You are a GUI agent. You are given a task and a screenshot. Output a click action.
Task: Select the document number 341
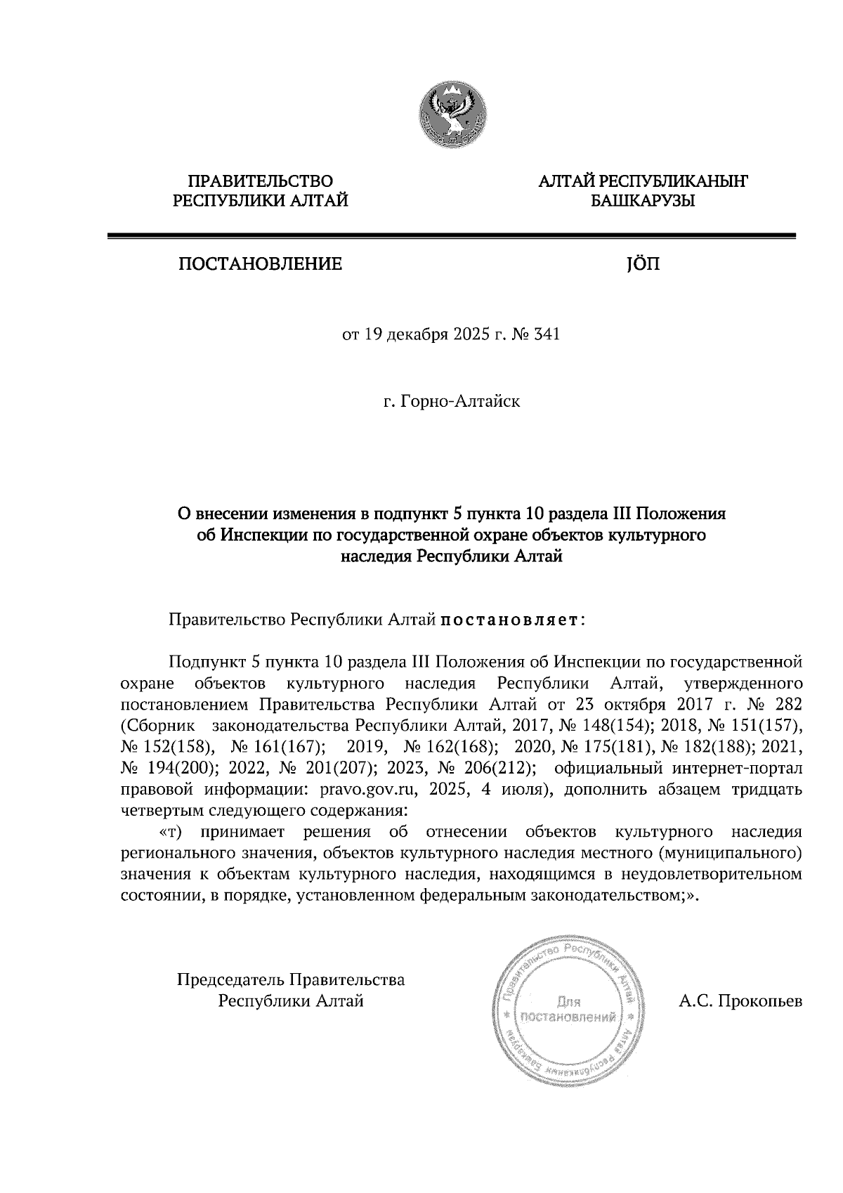[547, 335]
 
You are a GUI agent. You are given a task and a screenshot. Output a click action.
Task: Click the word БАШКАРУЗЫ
[642, 202]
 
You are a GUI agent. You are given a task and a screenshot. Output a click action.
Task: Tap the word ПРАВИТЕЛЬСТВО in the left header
[261, 181]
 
